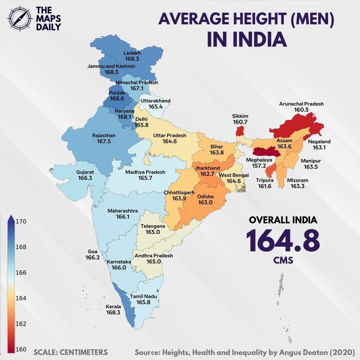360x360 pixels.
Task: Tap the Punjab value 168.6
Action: click(117, 99)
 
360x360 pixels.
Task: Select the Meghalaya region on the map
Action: click(267, 152)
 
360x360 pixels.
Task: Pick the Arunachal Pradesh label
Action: click(301, 104)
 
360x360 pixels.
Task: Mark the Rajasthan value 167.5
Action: click(104, 142)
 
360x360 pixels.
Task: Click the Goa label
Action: click(92, 251)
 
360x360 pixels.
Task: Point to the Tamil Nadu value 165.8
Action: click(143, 302)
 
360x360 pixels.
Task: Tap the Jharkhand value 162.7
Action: click(207, 174)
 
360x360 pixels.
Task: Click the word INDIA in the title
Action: click(247, 39)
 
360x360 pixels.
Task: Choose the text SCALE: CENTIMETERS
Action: click(71, 352)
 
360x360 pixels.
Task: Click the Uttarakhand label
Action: click(155, 101)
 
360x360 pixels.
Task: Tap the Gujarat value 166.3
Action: click(85, 178)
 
